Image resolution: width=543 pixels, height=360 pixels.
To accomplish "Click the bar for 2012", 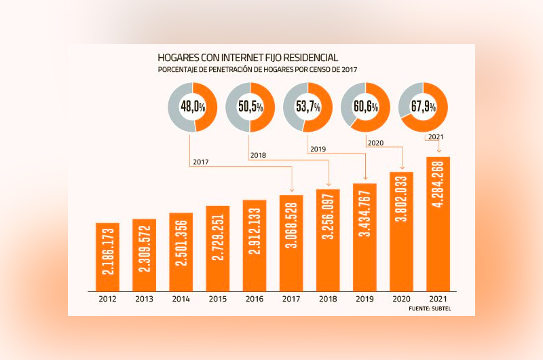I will (107, 255).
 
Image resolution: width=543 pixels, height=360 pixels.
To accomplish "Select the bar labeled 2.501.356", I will (181, 251).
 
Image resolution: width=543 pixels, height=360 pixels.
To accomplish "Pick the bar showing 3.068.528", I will (292, 242).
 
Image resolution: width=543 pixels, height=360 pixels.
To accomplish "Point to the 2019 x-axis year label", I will (365, 298).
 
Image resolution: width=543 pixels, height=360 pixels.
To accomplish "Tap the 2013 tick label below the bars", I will (144, 298).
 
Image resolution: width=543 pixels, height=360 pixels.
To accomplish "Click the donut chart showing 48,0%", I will (192, 107).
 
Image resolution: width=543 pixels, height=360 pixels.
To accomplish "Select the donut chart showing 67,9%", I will (424, 107).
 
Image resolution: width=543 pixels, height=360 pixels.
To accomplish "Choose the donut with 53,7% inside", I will (307, 107).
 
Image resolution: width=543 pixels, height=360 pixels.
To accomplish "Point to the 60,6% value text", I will (366, 107).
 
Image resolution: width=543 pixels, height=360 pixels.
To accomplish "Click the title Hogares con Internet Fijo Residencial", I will (248, 58).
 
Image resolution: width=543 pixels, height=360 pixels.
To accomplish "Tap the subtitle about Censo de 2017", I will (257, 70).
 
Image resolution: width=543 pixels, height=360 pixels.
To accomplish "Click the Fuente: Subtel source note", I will (430, 309).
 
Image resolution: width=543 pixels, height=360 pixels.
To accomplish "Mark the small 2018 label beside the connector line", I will (258, 156).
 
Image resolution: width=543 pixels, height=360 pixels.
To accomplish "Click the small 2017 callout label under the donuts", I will (200, 162).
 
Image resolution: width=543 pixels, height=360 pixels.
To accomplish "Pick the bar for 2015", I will (218, 247).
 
